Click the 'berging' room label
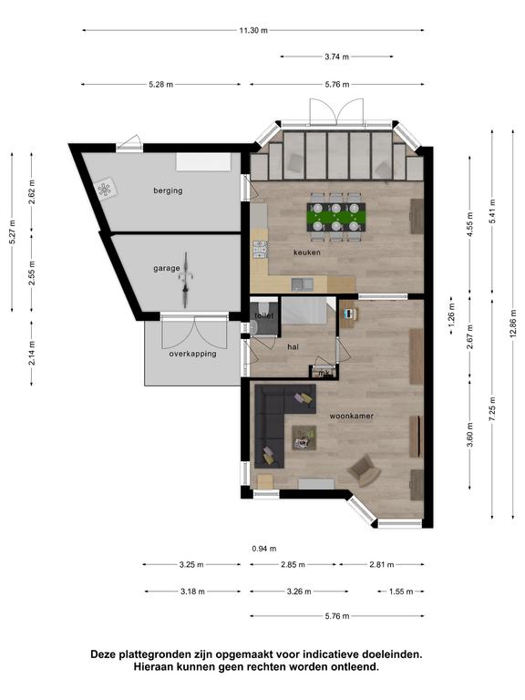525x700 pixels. pos(168,190)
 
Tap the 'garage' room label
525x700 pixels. pos(167,268)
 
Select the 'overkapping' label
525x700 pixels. pos(192,354)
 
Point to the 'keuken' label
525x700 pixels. pos(306,252)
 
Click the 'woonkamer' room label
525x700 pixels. pos(351,416)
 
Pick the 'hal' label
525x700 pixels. pos(293,347)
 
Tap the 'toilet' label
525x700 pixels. pos(263,315)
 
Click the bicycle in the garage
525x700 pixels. pos(186,280)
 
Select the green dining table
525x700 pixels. pos(336,217)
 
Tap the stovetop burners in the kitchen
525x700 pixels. pos(260,250)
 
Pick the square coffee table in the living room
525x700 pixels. pos(304,437)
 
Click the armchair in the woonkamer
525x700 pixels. pos(364,470)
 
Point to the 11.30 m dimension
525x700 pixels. pos(253,30)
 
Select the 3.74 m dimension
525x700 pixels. pos(336,57)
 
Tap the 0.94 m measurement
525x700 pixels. pos(263,549)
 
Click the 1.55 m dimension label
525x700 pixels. pos(400,592)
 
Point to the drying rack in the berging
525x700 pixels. pos(106,190)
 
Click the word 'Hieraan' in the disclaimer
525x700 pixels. pos(152,667)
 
